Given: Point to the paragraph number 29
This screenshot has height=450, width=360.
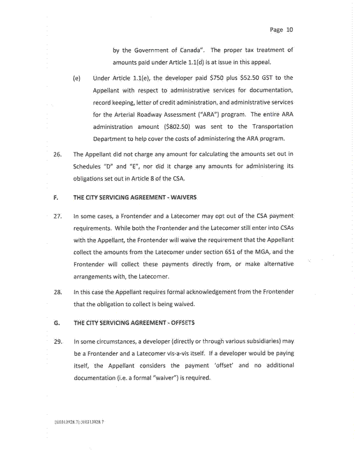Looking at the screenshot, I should [57, 340].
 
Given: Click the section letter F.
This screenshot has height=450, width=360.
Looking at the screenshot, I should [55, 196].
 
